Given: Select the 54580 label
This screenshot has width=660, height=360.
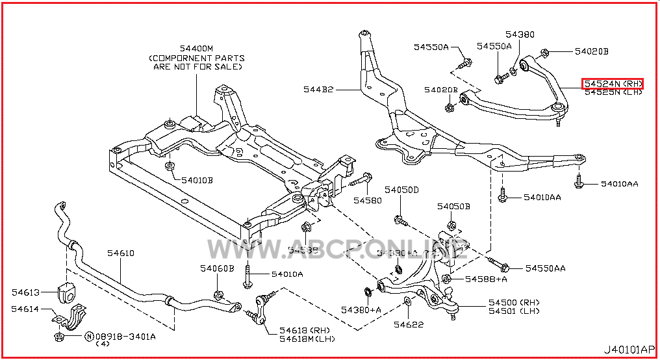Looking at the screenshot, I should click(368, 200).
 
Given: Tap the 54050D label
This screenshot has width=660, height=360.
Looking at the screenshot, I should click(401, 190).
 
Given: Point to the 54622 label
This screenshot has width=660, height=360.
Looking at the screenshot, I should click(408, 324).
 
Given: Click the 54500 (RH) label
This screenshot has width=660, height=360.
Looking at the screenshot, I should click(514, 303).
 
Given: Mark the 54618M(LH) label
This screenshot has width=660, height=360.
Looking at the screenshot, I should click(307, 339).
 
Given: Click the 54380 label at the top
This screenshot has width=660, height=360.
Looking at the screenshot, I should click(520, 34).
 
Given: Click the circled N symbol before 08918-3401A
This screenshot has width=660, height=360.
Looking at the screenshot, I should click(88, 337).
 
